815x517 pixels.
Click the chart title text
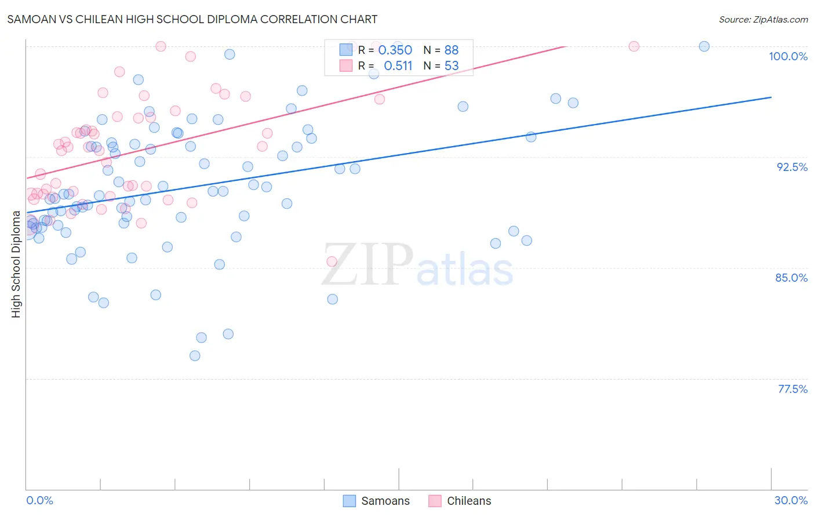tap(192, 19)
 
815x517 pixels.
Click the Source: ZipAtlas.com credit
tap(763, 19)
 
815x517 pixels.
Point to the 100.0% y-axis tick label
tap(788, 56)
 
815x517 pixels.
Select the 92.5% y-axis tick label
tap(792, 167)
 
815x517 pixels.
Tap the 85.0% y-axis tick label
tap(791, 278)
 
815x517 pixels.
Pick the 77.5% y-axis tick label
tap(792, 389)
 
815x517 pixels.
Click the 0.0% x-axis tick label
tap(39, 500)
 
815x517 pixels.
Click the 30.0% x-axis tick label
tap(791, 500)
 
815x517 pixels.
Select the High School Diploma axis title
tap(16, 264)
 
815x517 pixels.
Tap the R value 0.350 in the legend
tap(395, 50)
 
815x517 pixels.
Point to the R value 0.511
tap(398, 66)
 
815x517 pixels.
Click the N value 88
tap(452, 50)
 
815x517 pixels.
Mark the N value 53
tap(452, 66)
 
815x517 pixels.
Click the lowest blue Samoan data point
tap(195, 355)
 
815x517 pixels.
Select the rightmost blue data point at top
tap(704, 46)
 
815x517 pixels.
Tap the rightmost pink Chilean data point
tap(634, 46)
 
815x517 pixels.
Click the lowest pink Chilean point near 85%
tap(332, 261)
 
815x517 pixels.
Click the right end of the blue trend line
tap(771, 97)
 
